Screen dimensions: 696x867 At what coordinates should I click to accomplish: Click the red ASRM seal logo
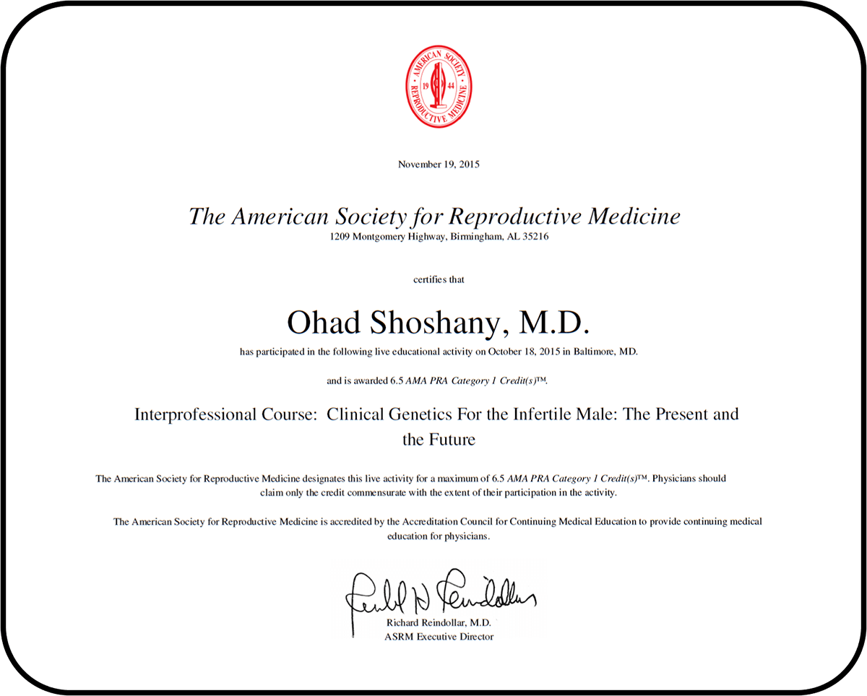click(439, 87)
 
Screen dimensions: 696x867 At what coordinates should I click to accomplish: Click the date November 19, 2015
click(439, 164)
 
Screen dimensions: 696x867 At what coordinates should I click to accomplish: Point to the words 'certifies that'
click(439, 279)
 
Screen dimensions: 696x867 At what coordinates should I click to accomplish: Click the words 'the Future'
click(439, 439)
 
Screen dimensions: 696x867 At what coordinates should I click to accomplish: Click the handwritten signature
click(441, 595)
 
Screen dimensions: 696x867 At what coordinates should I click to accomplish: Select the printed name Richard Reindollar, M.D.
click(439, 622)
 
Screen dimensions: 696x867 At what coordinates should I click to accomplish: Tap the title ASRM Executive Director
click(439, 636)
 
